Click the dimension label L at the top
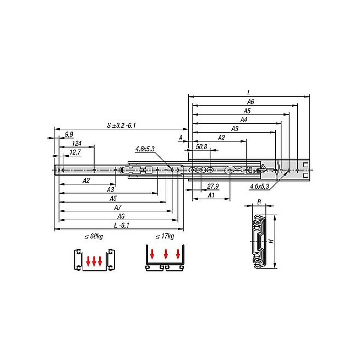click(x=249, y=93)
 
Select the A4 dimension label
click(x=244, y=119)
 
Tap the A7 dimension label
click(x=118, y=208)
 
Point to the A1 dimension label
click(x=211, y=195)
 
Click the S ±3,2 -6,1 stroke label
click(x=122, y=126)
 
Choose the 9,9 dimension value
click(x=69, y=134)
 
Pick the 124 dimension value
click(x=77, y=144)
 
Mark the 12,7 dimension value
click(x=75, y=152)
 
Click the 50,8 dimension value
click(x=201, y=147)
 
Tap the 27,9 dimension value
click(x=212, y=186)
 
